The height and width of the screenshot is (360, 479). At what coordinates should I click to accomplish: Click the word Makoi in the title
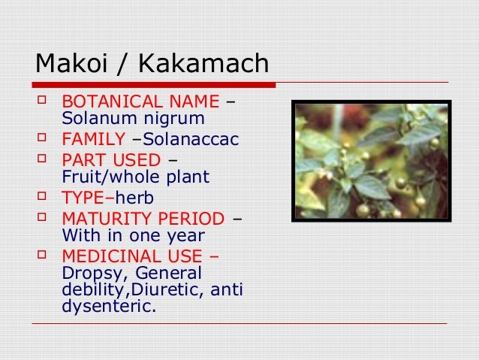pos(68,64)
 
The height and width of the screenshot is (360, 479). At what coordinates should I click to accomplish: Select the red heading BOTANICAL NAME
pos(140,101)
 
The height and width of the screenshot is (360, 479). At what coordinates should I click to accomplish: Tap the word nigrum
pos(178,119)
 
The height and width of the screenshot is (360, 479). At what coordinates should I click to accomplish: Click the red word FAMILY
pos(93,139)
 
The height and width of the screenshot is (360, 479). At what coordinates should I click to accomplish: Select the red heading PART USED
pos(111,160)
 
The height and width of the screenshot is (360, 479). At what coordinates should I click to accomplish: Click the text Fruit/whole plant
pos(135,177)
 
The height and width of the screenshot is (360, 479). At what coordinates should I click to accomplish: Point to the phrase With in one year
pos(132,236)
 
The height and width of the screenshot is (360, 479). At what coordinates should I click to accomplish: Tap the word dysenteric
pos(112,306)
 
